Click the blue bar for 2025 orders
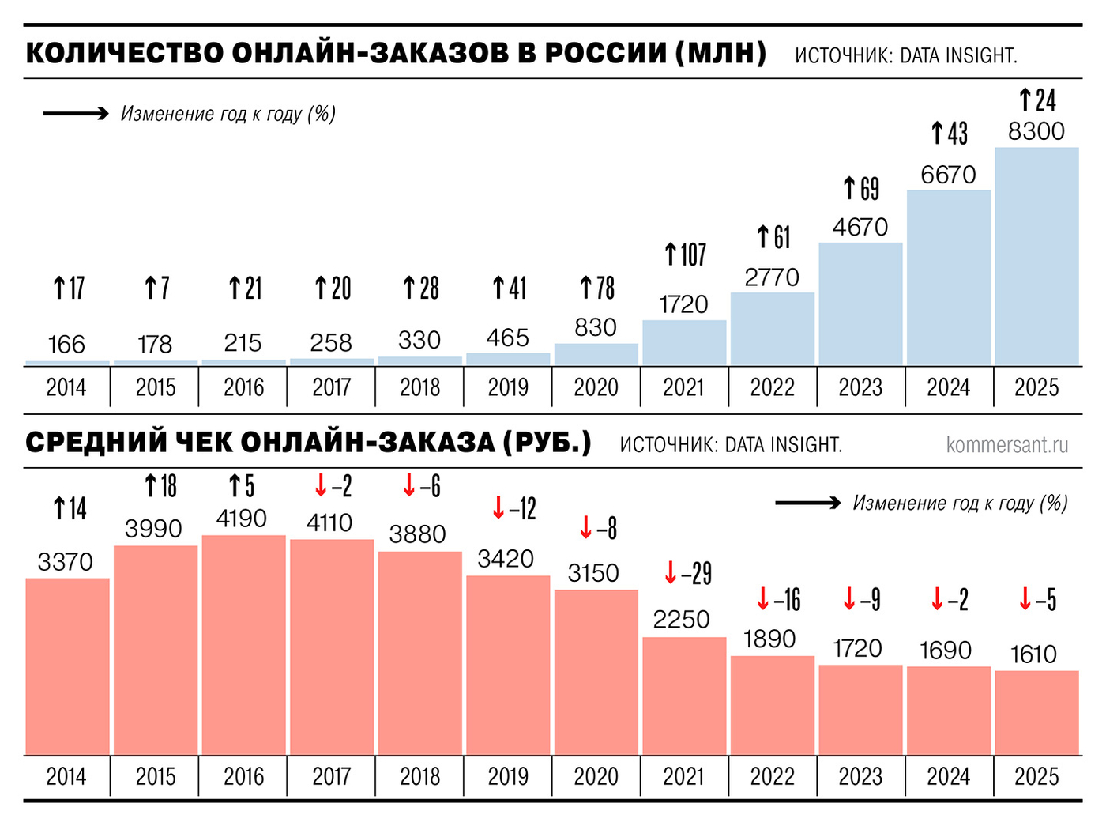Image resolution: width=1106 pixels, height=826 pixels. [x=1036, y=256]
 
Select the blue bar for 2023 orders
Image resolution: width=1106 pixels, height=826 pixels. [x=860, y=304]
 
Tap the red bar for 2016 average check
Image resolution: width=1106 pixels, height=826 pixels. [x=243, y=645]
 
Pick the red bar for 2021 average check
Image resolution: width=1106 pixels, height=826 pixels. [x=684, y=696]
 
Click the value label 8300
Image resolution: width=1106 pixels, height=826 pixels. [x=1036, y=131]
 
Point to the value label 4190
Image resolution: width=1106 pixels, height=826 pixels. [x=242, y=519]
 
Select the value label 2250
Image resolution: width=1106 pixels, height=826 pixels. [x=681, y=620]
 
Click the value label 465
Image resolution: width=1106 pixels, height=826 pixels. [x=507, y=338]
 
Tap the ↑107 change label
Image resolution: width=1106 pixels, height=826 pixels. [x=684, y=255]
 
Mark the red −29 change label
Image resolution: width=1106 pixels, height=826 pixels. [x=687, y=573]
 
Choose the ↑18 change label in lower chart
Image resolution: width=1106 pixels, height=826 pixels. [x=160, y=486]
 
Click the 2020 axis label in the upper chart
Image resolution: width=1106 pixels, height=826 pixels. [x=596, y=387]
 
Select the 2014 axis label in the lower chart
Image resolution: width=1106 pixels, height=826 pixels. [x=66, y=776]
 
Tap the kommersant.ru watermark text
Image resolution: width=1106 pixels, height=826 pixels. [x=1006, y=445]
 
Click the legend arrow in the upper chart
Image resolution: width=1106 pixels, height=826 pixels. [x=76, y=114]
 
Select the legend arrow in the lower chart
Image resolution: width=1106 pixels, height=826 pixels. [x=807, y=503]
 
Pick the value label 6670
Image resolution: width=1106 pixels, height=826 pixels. [x=948, y=175]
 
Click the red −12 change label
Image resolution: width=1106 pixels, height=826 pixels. [x=513, y=508]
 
